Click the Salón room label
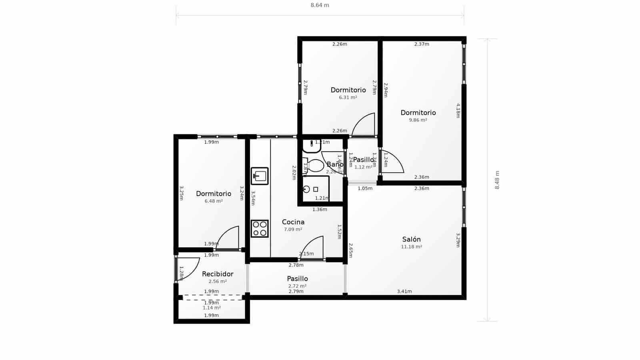tap(411, 239)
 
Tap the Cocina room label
tap(293, 222)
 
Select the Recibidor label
tap(218, 274)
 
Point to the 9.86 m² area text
tap(418, 120)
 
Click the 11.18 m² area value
tap(412, 247)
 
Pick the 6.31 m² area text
tap(348, 97)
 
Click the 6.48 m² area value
tap(214, 201)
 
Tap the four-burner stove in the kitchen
tap(260, 228)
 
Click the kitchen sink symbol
tap(260, 176)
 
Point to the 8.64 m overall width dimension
tap(320, 5)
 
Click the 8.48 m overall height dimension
tap(497, 180)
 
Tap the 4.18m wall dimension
tap(458, 111)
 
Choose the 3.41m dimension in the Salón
tap(404, 291)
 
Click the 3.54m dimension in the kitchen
tap(253, 198)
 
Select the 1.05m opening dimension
tap(365, 188)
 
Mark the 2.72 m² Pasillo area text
tap(297, 286)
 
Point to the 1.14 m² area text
tap(212, 308)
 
